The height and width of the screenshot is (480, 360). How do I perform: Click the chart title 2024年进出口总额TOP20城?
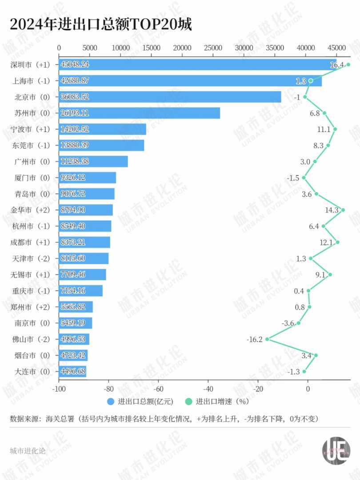point(100,25)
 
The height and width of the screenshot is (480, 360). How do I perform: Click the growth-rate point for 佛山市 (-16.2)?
point(267,339)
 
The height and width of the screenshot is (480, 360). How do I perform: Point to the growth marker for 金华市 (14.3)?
point(343,210)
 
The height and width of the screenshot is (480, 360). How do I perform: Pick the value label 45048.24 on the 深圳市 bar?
point(75,64)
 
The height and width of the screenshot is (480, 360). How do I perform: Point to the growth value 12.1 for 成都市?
point(326,242)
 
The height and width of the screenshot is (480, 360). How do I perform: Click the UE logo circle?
point(336,451)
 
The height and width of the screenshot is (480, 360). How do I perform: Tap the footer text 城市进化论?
point(28,451)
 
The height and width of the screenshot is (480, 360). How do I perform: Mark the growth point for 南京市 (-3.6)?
point(299,323)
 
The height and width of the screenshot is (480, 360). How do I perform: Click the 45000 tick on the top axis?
point(336,48)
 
